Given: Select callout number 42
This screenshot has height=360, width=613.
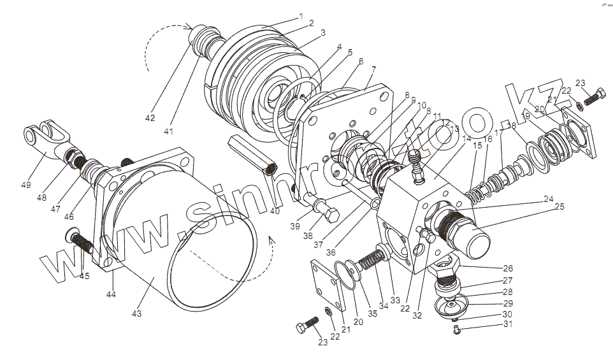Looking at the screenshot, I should click(149, 119).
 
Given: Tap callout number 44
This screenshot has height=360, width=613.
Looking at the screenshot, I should click(112, 294).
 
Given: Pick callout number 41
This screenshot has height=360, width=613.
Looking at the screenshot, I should click(168, 131).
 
